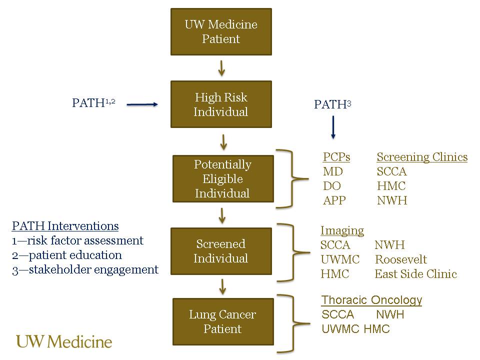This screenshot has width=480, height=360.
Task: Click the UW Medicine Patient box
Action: [221, 31]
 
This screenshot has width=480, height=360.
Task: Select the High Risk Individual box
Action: [221, 104]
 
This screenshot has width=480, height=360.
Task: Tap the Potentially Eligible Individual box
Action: [223, 178]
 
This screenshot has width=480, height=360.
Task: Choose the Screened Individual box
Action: [221, 251]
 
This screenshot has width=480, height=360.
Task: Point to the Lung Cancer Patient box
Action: [223, 321]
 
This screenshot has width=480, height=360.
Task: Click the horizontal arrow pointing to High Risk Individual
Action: [142, 104]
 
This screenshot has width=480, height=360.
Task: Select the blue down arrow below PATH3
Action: [333, 127]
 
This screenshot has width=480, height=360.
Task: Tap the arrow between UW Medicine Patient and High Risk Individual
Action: [221, 67]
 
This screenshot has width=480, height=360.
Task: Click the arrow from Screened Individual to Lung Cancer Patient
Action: [223, 286]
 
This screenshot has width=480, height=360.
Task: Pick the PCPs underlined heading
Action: [336, 157]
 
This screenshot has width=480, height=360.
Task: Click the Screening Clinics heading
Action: [422, 157]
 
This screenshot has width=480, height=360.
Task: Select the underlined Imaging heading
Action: [342, 230]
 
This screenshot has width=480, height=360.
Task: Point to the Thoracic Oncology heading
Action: [371, 300]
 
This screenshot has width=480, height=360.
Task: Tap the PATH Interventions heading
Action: [65, 226]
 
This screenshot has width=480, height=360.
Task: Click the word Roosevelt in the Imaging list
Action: [401, 259]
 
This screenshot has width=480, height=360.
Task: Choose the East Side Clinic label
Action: [415, 274]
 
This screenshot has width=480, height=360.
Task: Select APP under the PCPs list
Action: [334, 200]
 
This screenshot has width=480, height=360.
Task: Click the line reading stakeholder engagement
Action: [84, 269]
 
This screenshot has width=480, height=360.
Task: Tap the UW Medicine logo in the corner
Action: [64, 341]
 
